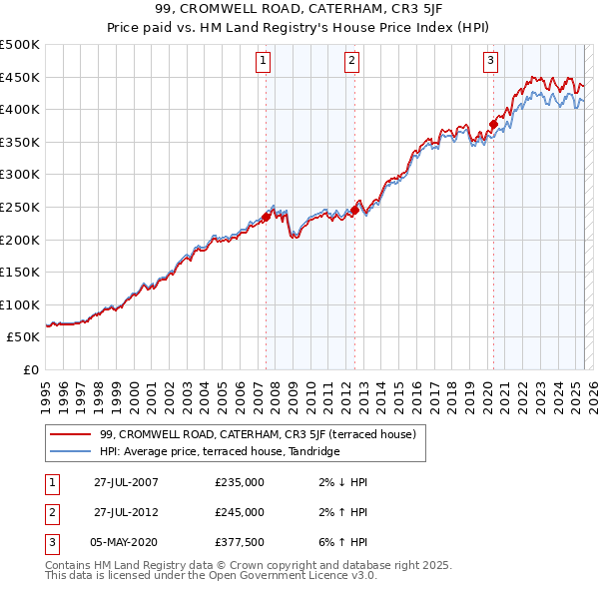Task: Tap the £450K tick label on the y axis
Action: tap(20, 77)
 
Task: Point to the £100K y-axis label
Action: tap(20, 304)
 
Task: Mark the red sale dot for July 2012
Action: tap(354, 210)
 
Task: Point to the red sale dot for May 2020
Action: tap(492, 125)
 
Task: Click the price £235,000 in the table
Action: tap(240, 482)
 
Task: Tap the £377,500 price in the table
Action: tap(240, 542)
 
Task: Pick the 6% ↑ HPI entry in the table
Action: tap(340, 542)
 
